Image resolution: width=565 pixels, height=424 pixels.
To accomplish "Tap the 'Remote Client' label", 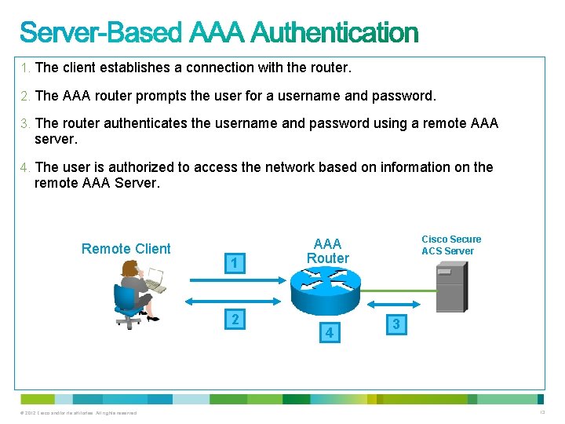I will click(126, 249).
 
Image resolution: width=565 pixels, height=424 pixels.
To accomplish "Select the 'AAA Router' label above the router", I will click(327, 250).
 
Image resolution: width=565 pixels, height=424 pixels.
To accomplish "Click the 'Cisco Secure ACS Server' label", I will click(451, 245).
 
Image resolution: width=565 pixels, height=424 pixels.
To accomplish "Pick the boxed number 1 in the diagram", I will click(234, 264).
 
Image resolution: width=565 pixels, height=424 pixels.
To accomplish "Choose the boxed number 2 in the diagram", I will click(234, 320).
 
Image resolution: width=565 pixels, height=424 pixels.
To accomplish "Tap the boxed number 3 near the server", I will click(396, 323).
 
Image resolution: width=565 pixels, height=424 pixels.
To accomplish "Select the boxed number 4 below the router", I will click(330, 333).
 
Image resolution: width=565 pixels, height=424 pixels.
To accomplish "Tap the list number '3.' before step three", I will click(26, 123).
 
